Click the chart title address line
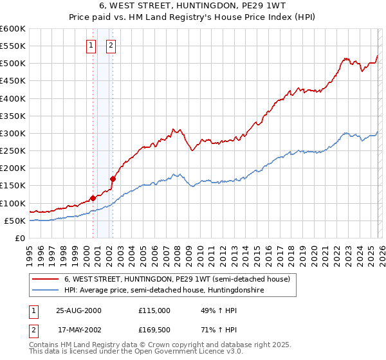pyautogui.click(x=193, y=7)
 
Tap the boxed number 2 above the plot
pyautogui.click(x=111, y=45)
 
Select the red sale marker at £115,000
pyautogui.click(x=93, y=198)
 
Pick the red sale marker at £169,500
pyautogui.click(x=113, y=179)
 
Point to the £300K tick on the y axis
pyautogui.click(x=13, y=133)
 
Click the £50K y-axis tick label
pyautogui.click(x=15, y=221)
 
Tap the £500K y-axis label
pyautogui.click(x=13, y=63)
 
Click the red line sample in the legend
pyautogui.click(x=46, y=279)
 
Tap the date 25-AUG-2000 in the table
pyautogui.click(x=79, y=310)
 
